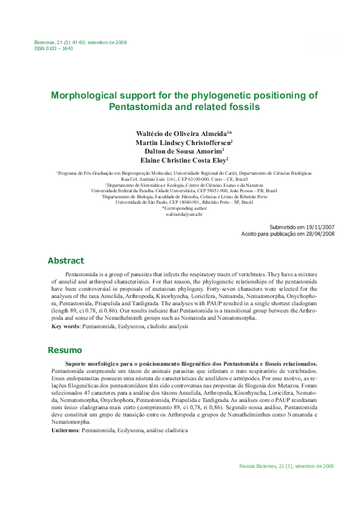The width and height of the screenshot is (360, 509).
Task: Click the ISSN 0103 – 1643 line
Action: pos(53,48)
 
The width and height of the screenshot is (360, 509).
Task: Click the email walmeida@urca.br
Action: pos(184,214)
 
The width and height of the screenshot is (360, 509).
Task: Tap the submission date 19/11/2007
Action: pos(318,226)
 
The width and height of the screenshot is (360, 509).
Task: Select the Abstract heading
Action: pos(66,261)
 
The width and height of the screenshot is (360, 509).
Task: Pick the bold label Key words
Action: pos(65,326)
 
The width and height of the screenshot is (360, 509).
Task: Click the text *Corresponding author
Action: pos(184,208)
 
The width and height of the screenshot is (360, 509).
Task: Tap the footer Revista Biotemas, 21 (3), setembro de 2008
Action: pos(287,466)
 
